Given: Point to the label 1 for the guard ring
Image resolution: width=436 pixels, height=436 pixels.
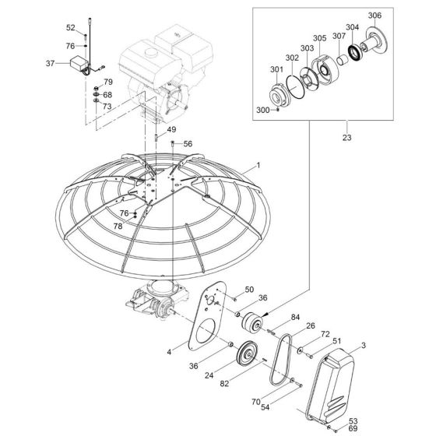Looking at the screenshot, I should click(x=259, y=165).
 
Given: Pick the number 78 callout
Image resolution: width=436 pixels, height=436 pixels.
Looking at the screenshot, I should click(x=118, y=226).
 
